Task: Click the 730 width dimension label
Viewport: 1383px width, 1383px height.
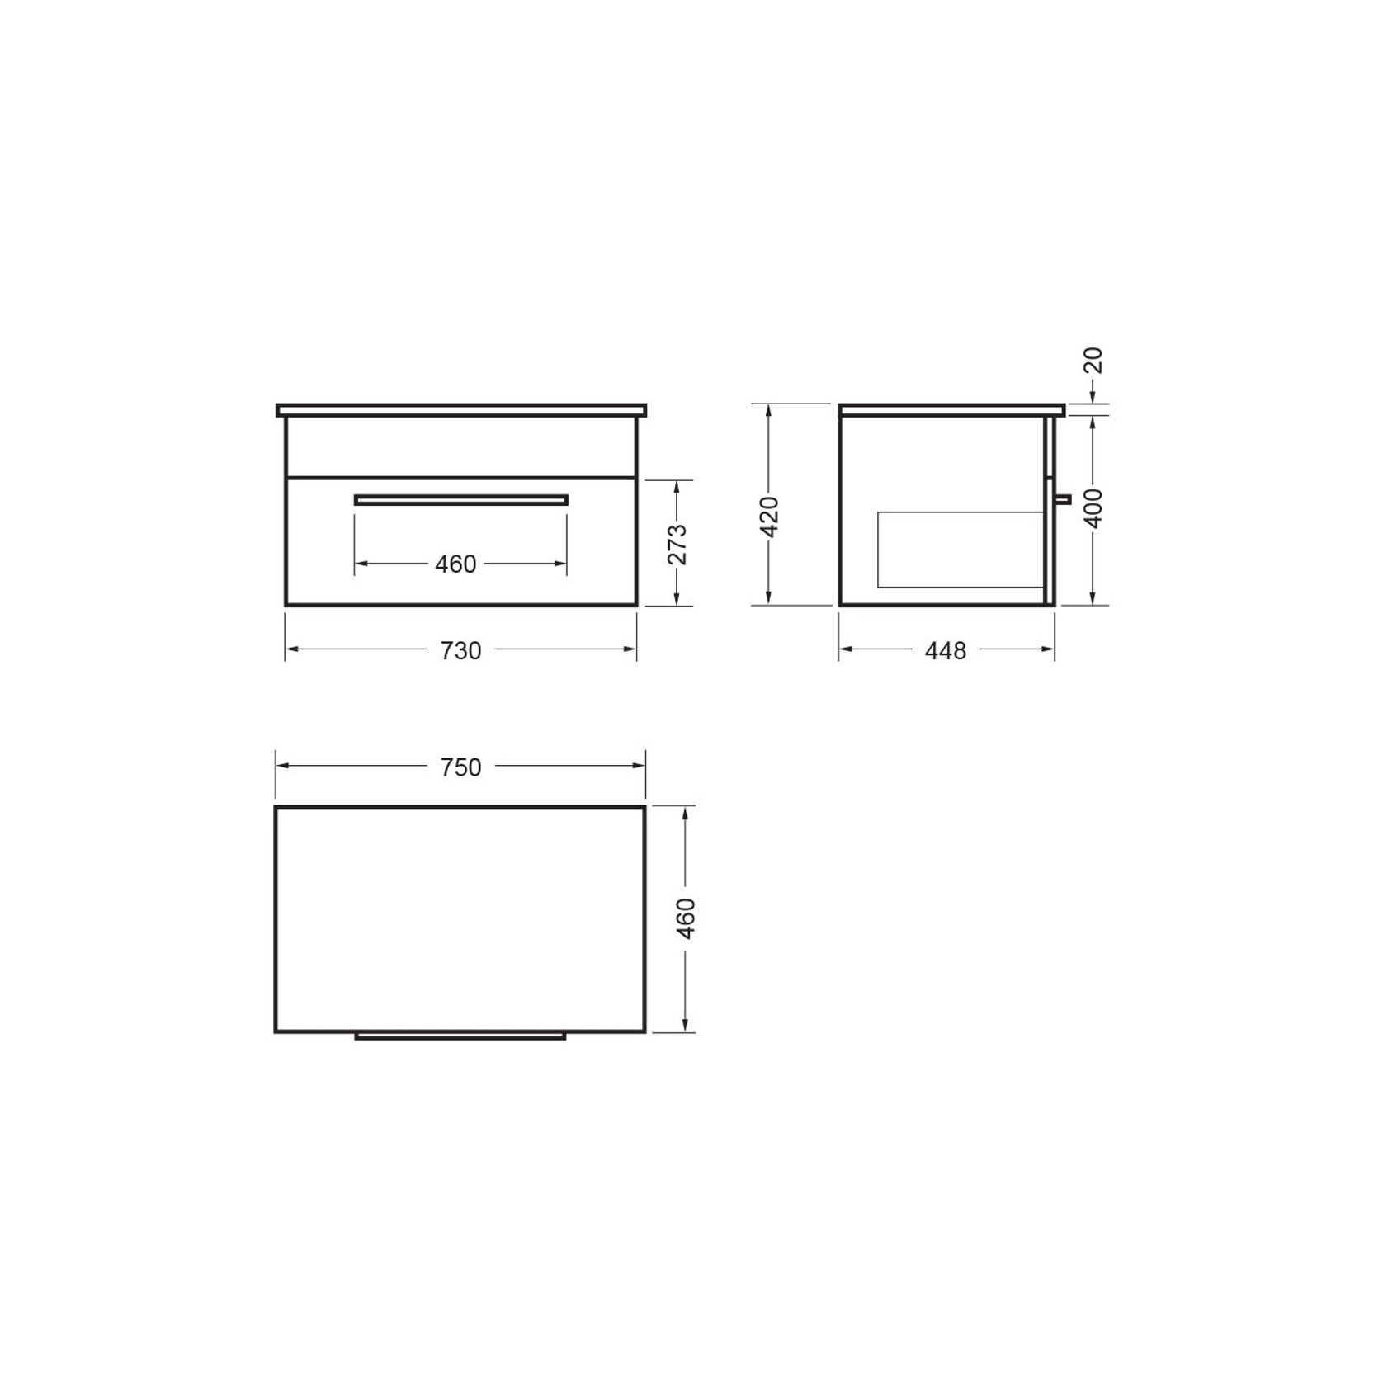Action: pyautogui.click(x=460, y=651)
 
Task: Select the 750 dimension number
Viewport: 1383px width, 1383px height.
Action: pyautogui.click(x=460, y=767)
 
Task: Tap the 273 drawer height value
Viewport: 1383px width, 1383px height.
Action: pyautogui.click(x=677, y=544)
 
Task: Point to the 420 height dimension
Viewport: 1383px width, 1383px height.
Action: pyautogui.click(x=769, y=517)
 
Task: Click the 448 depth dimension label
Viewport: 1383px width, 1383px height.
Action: pyautogui.click(x=946, y=651)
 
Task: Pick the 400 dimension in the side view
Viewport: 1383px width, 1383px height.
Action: pyautogui.click(x=1093, y=508)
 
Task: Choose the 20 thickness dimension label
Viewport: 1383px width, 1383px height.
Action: pyautogui.click(x=1093, y=361)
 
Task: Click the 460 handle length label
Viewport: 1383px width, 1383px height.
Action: pyautogui.click(x=455, y=564)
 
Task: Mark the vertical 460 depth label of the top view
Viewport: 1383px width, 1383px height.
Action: pyautogui.click(x=687, y=918)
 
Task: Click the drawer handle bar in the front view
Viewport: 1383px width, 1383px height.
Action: pyautogui.click(x=461, y=499)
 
